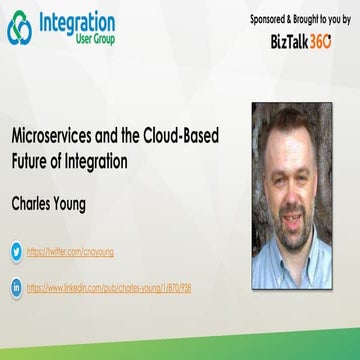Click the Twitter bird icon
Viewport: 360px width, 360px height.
point(16,253)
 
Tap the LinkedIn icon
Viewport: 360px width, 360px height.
point(16,287)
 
